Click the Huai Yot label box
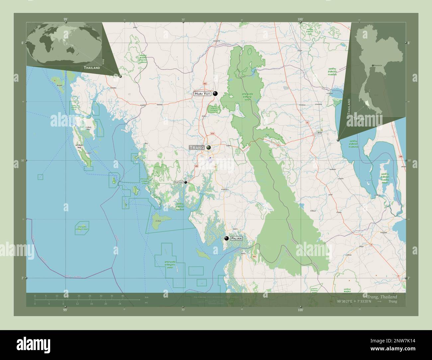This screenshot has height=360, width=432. tap(202, 94)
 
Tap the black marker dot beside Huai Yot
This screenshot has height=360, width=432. tap(215, 94)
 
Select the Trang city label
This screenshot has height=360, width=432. tap(196, 147)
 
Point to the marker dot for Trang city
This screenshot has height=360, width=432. tap(209, 147)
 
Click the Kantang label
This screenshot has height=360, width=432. tap(179, 182)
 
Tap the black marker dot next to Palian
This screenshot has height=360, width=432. tap(226, 238)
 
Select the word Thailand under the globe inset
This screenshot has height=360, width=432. tap(92, 68)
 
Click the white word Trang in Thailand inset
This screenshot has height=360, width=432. tap(359, 119)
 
